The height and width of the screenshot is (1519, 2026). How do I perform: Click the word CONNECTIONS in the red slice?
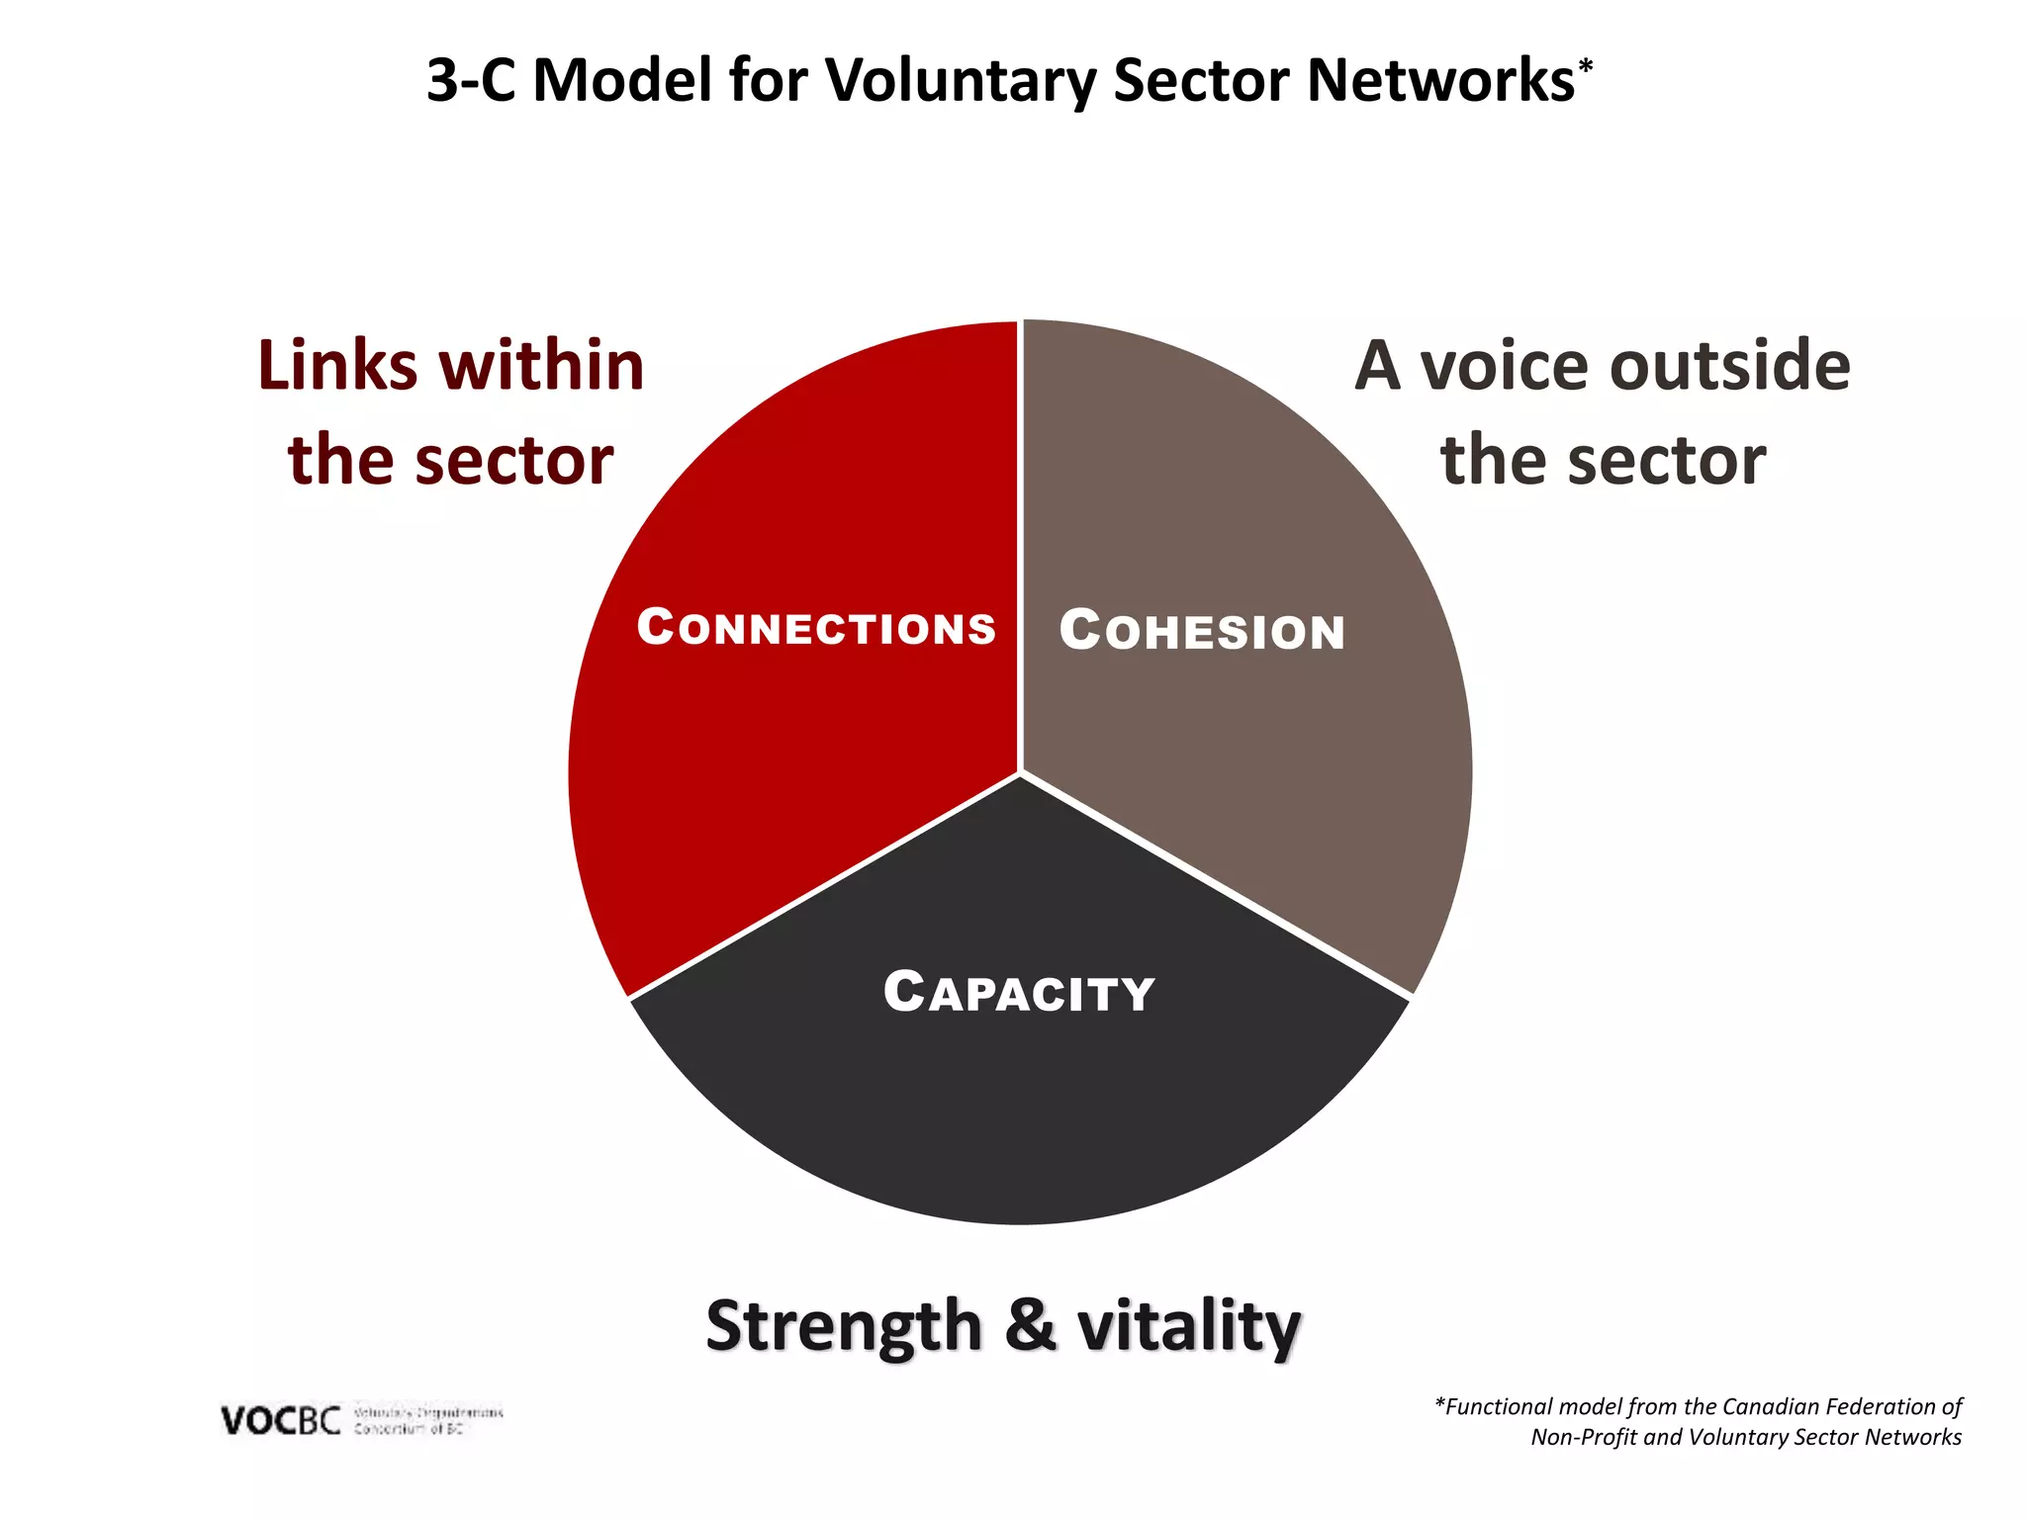tap(816, 628)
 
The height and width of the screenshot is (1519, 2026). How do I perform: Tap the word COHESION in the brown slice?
tap(1202, 631)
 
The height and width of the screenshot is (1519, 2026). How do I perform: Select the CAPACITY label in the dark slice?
tap(1019, 993)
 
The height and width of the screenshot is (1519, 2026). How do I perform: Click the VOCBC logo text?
tap(281, 1421)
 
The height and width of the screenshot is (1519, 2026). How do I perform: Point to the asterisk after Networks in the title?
tap(1586, 65)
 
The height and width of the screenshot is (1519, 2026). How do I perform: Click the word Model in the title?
tap(622, 80)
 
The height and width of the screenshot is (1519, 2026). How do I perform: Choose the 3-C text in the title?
tap(471, 80)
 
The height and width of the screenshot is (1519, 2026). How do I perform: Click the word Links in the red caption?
tap(337, 366)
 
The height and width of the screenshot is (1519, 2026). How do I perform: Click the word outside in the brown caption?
tap(1730, 366)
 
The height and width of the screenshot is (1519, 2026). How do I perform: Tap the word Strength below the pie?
tap(843, 1327)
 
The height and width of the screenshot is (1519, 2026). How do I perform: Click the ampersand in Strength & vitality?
tap(1030, 1325)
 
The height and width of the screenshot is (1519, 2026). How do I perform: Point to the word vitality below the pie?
tap(1189, 1327)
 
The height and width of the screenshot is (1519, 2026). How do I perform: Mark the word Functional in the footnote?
tap(1499, 1406)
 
